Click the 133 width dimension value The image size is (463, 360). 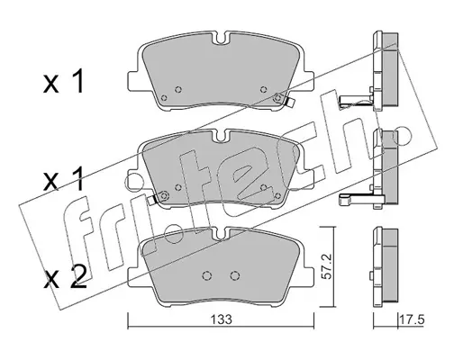(x=221, y=319)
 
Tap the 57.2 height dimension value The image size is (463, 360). (x=327, y=267)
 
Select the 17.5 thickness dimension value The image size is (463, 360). (x=412, y=319)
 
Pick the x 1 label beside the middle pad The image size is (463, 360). (x=64, y=179)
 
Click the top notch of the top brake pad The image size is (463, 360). (x=221, y=38)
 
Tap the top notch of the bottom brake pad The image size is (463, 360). (x=221, y=233)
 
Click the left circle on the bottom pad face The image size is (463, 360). (x=207, y=275)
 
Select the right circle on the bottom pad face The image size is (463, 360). (x=235, y=275)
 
